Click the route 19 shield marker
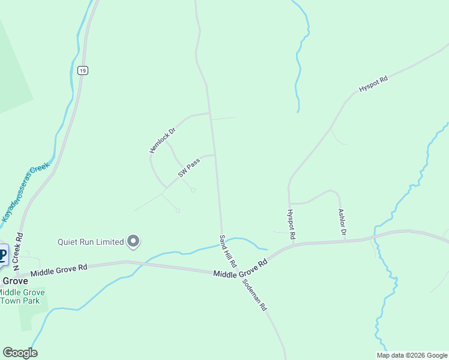coord(83,70)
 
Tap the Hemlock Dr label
coord(162,140)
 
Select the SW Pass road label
coord(188,168)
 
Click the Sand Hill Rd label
coord(228,251)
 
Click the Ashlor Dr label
coord(342,223)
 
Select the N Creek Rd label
coord(18,251)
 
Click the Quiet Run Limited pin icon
coord(134,242)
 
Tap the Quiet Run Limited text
coord(91,242)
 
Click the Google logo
coord(20,353)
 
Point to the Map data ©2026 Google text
coord(411,355)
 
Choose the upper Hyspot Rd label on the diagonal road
coord(373,83)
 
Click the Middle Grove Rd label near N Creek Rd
coord(59,269)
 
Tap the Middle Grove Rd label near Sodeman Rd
coord(240,269)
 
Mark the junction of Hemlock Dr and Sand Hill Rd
coord(209,113)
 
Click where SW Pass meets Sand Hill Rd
coord(215,155)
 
